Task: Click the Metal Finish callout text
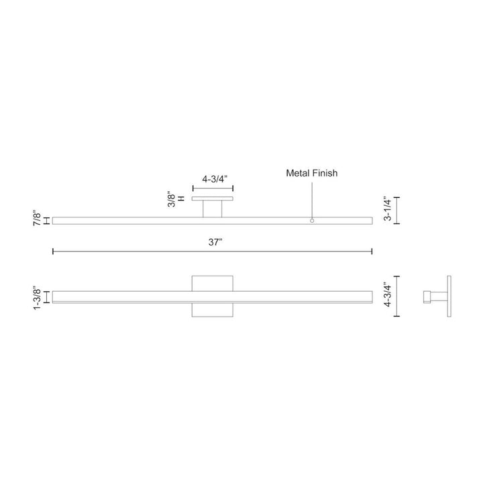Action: (x=312, y=173)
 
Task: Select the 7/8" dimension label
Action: (x=38, y=220)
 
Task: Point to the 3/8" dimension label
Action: (x=172, y=200)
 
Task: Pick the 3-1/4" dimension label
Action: (x=387, y=210)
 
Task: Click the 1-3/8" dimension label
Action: (x=38, y=297)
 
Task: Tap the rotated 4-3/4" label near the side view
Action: (x=387, y=296)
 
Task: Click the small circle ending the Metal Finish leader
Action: (x=312, y=220)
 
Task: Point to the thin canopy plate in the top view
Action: (x=212, y=199)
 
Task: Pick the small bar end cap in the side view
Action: (x=426, y=296)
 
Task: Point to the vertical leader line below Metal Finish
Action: (x=312, y=198)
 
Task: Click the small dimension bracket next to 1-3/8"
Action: (x=46, y=297)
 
